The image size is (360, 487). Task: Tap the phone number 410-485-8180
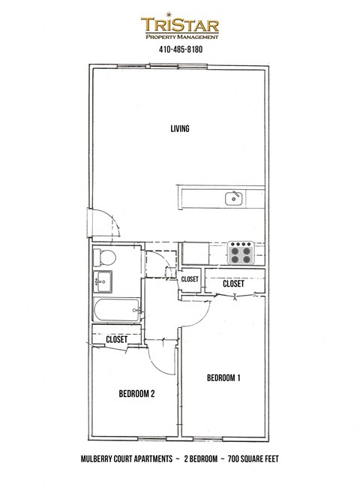pos(181,50)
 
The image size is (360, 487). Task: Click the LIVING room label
pos(178,129)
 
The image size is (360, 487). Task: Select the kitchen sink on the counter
pos(233,198)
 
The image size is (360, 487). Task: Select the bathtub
pos(115,310)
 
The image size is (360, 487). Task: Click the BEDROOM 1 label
pos(223,378)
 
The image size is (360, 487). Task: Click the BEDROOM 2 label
pos(136,393)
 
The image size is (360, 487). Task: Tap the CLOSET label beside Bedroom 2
pos(116,339)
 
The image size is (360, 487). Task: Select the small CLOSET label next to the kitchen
pos(190,279)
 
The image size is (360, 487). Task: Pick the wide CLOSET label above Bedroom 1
pos(232,284)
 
